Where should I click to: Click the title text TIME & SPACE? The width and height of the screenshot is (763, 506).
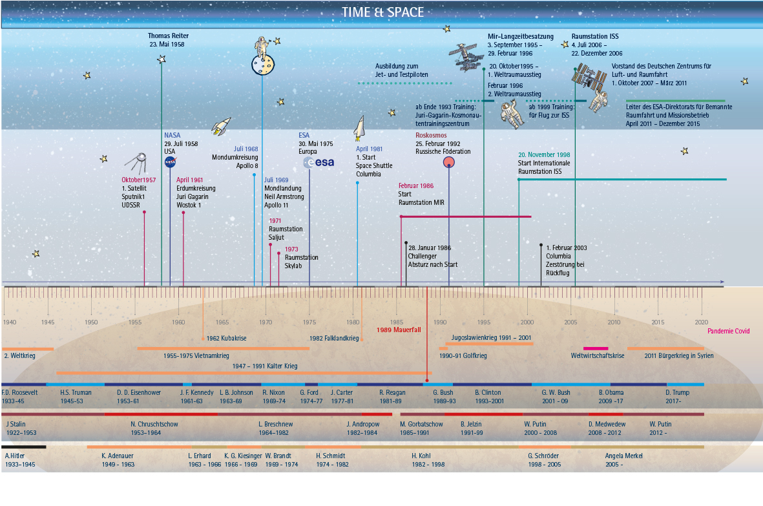pos(382,12)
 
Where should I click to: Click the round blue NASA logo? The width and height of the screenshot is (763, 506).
pos(171,162)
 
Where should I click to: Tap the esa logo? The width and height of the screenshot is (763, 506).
pos(319,162)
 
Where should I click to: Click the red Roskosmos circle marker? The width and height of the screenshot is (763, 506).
pos(448,162)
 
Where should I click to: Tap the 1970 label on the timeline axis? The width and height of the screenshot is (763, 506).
pos(265,322)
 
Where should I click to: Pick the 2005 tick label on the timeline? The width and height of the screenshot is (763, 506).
pos(570,322)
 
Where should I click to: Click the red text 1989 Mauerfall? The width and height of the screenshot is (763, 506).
pos(399,330)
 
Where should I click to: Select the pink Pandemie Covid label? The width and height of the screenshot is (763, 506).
pos(729,331)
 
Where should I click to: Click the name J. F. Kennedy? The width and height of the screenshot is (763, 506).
pos(197,392)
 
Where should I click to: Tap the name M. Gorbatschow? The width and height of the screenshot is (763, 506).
pos(421,425)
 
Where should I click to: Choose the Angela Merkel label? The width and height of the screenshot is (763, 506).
pos(624,456)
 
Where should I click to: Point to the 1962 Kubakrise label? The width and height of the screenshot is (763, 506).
pos(226,338)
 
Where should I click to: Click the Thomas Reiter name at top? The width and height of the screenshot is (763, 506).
pos(169,36)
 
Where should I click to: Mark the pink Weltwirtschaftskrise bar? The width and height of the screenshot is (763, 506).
pos(596,348)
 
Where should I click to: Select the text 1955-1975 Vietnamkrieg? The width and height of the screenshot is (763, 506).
pos(196,355)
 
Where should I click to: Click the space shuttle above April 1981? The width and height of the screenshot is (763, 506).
pos(359,129)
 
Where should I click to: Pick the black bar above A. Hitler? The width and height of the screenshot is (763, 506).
pos(24,447)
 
